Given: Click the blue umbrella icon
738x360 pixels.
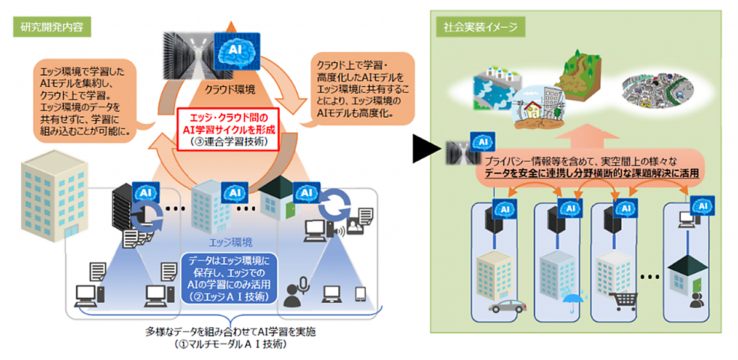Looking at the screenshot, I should tap(570, 301).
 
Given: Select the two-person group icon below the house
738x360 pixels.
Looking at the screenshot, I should tap(696, 301).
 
